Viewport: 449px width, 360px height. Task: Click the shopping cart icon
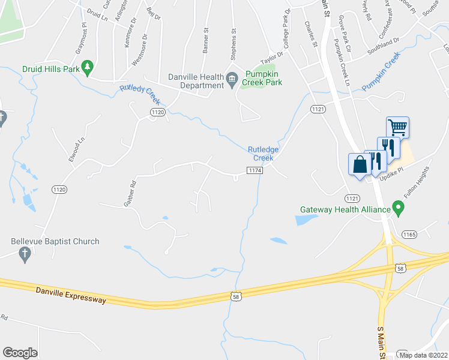coord(397,127)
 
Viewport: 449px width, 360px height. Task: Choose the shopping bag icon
coord(360,164)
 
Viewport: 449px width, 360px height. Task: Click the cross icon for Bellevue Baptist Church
coord(25,254)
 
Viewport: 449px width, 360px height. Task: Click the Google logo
coord(20,353)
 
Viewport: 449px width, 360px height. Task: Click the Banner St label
coord(205,41)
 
